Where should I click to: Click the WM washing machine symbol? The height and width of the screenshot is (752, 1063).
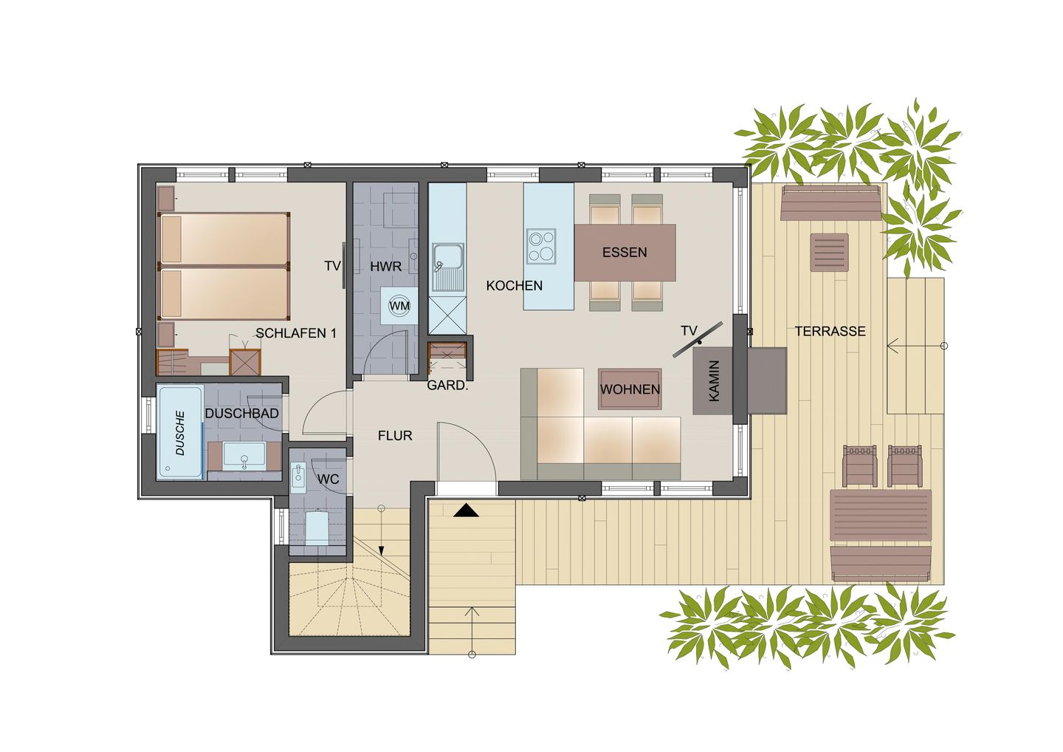point(399,306)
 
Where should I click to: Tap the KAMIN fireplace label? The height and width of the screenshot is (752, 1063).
point(714,381)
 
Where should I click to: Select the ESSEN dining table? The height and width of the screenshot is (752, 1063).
point(625,253)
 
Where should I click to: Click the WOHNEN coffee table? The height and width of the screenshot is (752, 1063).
point(630,389)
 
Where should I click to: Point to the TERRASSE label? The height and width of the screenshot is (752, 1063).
point(830,332)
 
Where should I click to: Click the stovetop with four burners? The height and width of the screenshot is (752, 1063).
point(541,246)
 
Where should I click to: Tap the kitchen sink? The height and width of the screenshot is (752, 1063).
point(447,259)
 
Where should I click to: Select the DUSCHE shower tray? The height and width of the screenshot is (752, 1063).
point(180,433)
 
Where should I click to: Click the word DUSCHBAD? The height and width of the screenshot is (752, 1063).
point(241,414)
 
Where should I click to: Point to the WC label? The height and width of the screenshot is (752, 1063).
point(328,479)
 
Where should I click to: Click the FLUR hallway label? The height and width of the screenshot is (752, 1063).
point(395,436)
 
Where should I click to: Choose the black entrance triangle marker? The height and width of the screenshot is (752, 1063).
point(466,510)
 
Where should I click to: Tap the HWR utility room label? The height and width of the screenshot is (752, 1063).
point(385,267)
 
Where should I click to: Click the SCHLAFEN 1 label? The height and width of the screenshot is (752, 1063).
point(296,333)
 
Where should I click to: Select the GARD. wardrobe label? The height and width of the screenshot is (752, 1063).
point(447,385)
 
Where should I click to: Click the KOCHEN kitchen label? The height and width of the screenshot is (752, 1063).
point(515,286)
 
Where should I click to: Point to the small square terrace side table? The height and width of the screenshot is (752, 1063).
point(830,253)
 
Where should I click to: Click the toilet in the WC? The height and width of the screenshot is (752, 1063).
point(317,527)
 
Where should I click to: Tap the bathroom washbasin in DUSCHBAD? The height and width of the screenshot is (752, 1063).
point(244,456)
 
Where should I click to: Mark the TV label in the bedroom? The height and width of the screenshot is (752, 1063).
point(332,266)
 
